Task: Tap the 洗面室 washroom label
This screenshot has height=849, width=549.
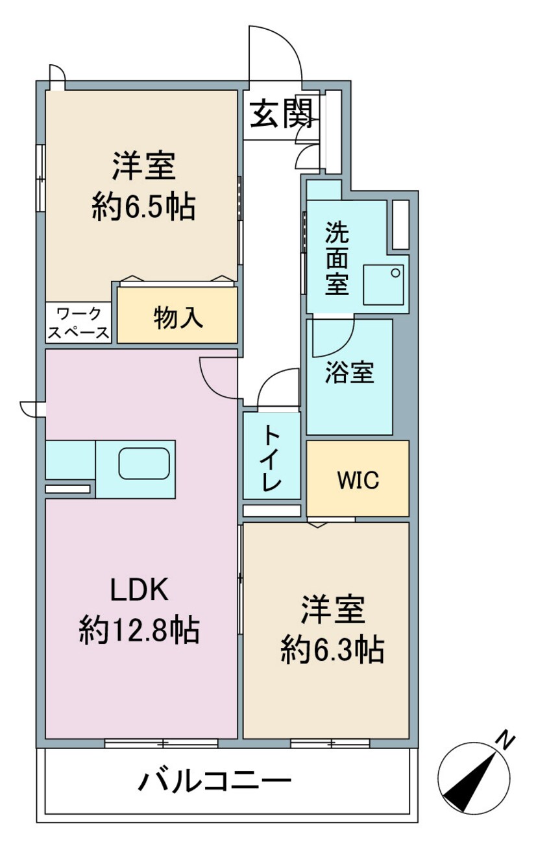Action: [x=337, y=259]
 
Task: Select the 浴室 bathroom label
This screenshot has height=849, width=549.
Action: [x=350, y=374]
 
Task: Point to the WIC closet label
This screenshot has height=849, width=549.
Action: [x=358, y=481]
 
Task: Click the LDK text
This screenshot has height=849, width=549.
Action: [x=139, y=590]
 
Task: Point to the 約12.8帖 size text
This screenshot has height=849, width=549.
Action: [x=139, y=630]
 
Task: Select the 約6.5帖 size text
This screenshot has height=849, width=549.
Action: [x=143, y=208]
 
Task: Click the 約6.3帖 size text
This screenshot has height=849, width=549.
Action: [x=332, y=649]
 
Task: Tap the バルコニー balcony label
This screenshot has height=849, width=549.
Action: [x=214, y=782]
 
